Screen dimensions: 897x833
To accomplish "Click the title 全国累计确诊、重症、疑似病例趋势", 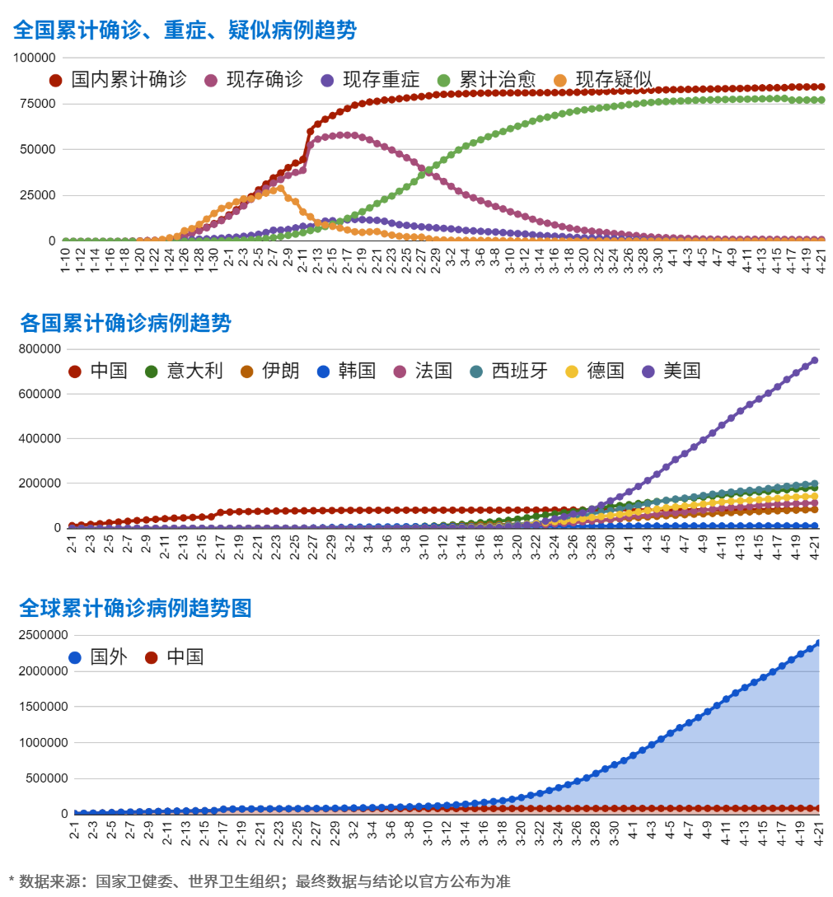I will (185, 30).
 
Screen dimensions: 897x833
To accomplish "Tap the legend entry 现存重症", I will (370, 80).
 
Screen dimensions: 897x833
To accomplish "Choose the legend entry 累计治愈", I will (486, 80).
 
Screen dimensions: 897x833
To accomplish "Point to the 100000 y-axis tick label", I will (35, 58).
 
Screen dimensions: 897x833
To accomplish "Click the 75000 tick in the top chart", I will (38, 104).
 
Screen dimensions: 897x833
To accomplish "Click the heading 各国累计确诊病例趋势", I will (125, 323).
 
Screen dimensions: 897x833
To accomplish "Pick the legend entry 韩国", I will (346, 371).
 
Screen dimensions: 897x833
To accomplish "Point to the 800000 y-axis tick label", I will (40, 349).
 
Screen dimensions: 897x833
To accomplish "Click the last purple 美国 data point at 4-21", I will (815, 360).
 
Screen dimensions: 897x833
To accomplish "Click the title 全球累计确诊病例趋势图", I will (135, 609).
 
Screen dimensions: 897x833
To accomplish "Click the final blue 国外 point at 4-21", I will (818, 642).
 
